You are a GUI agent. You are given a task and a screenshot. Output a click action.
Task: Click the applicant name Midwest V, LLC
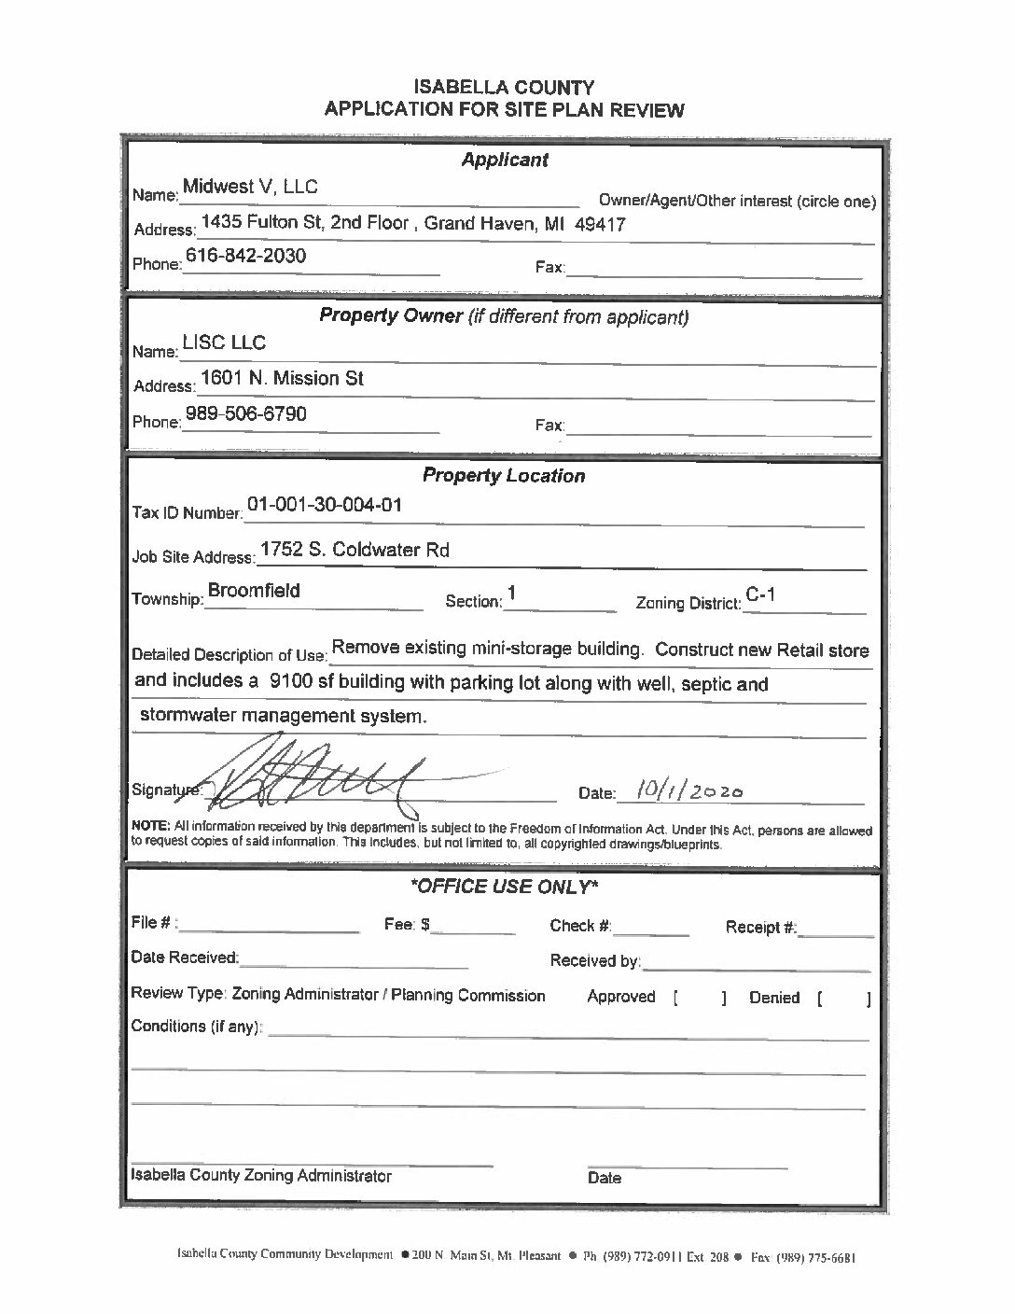coord(250,187)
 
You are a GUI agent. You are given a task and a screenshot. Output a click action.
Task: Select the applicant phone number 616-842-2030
coord(245,256)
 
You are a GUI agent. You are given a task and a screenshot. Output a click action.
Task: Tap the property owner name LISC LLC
coord(224,342)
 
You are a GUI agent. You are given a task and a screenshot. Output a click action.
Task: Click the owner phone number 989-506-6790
coord(245,413)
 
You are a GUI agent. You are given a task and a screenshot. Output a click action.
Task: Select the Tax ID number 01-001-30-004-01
coord(325,505)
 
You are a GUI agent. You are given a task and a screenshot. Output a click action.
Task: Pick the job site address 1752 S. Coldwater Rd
coord(355,550)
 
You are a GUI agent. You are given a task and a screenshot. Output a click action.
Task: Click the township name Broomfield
coord(254,591)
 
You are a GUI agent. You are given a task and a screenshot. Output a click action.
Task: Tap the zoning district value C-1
coord(761,594)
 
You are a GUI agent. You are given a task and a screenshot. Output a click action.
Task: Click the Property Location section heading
coord(504,475)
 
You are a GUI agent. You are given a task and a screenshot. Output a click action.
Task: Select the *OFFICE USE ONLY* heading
coord(505,886)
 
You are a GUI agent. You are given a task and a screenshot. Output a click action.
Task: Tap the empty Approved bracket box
coord(699,998)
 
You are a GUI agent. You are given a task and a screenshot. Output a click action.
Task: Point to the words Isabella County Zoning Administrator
coord(261,1176)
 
